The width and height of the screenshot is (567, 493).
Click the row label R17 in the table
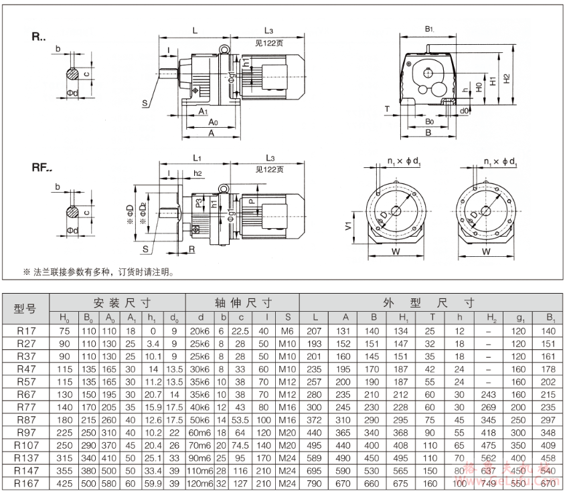pos(26,330)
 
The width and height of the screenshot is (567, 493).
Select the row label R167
pos(26,484)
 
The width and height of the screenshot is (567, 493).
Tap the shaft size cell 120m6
pos(199,484)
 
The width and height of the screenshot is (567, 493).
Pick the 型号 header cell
pos(26,308)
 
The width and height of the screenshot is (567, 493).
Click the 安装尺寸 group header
pos(117,302)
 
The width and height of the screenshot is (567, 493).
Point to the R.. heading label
pos(38,37)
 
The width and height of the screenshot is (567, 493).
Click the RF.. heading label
pos(42,168)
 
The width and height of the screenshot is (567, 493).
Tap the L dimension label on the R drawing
pos(195,31)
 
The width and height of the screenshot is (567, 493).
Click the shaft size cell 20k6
pos(199,330)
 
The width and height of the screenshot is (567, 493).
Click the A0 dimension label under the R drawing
pos(212,123)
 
